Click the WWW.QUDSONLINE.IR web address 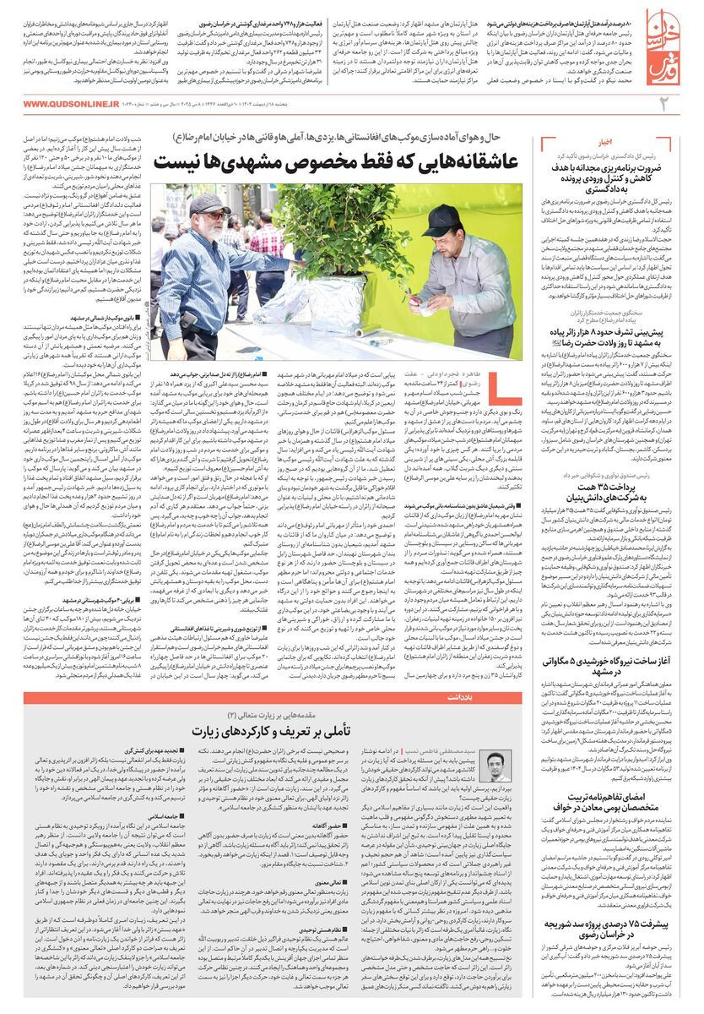(71, 104)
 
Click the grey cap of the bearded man (208, 204)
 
